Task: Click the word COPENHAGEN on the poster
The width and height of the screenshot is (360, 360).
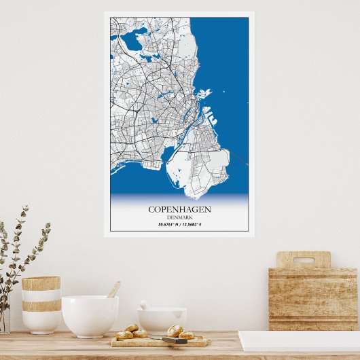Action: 179,209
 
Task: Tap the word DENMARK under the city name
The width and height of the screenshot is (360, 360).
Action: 179,217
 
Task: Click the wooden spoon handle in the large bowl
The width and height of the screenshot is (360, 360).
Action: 113,289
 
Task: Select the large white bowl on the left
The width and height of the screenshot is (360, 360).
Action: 90,315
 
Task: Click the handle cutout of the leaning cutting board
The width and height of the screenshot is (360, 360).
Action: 303,260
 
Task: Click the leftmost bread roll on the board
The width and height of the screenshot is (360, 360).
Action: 124,335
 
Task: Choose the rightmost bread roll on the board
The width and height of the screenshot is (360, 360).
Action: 186,334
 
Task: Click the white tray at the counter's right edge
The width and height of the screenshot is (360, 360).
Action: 299,340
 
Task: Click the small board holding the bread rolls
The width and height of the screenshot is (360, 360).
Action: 160,341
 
